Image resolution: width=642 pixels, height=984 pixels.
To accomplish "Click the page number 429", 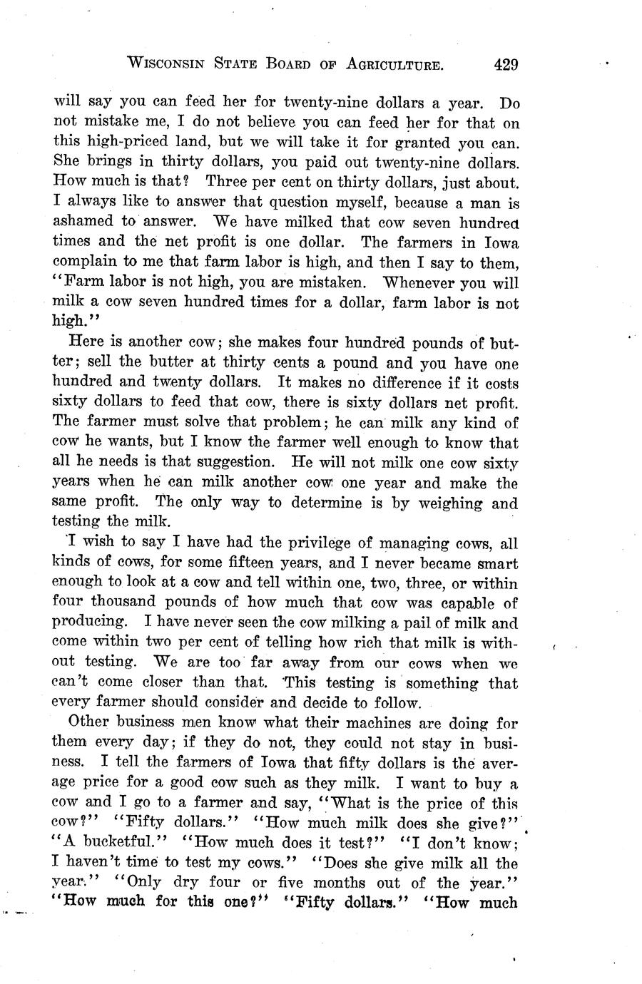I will point(504,65).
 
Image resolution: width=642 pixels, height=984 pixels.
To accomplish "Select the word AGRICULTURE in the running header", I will point(394,65).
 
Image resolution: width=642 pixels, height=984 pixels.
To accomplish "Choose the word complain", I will point(86,261).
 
